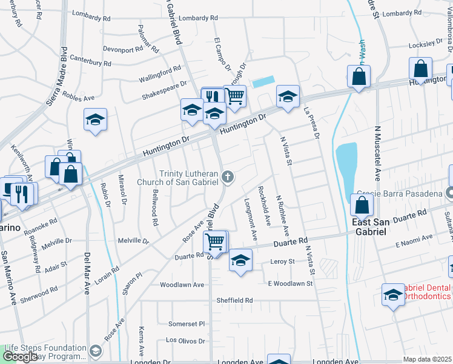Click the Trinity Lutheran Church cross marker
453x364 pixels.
point(228,177)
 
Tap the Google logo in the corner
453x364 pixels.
point(19,357)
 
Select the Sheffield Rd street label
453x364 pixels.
point(234,300)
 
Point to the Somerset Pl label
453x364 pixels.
point(187,324)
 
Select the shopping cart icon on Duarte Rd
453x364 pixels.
point(216,241)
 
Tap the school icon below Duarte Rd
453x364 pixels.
point(240,261)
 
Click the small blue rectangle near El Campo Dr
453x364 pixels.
point(263,82)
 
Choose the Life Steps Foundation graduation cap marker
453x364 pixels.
point(96,351)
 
